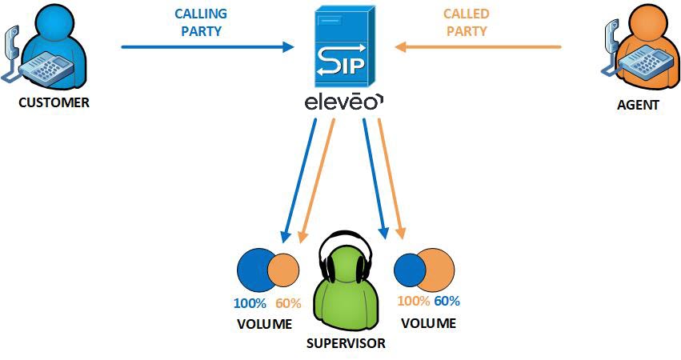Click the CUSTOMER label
tap(53, 102)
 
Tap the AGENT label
tap(638, 104)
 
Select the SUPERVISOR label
tap(346, 343)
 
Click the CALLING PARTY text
tap(200, 22)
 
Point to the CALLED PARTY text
tap(466, 22)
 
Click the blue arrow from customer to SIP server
tap(208, 47)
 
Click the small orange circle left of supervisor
tap(285, 270)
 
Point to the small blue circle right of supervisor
tap(409, 270)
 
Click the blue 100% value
tap(249, 303)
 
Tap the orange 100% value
tap(414, 302)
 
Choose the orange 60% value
tap(288, 303)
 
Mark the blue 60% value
tap(447, 302)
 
